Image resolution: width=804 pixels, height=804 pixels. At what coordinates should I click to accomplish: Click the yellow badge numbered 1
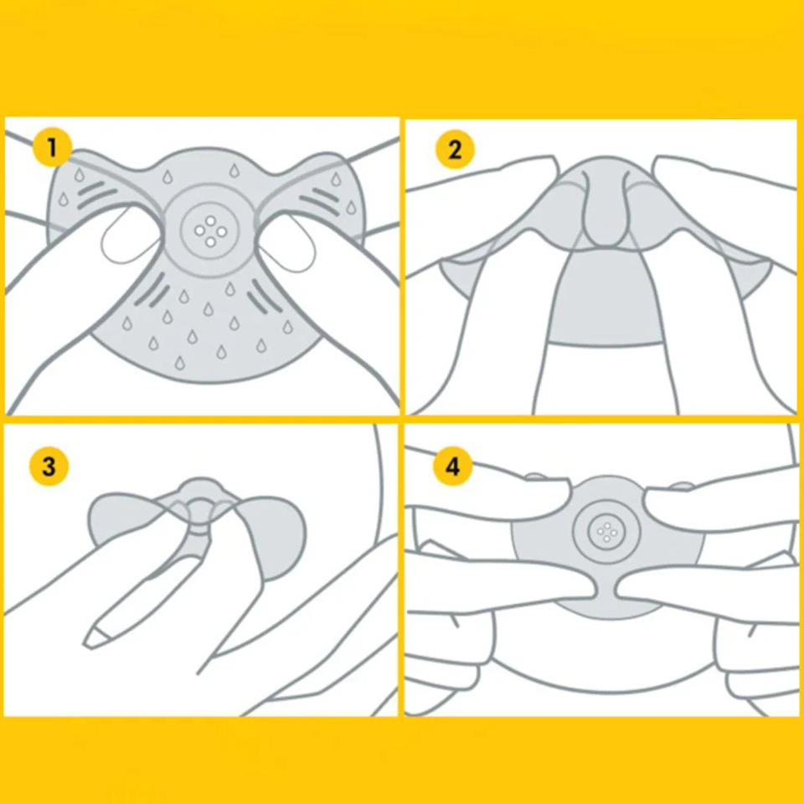[52, 147]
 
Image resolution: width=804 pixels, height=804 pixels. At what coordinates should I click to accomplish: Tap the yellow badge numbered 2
[455, 149]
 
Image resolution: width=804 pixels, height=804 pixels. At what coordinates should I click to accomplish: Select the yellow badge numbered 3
[49, 466]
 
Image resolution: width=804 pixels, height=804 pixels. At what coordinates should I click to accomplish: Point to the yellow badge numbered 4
[452, 466]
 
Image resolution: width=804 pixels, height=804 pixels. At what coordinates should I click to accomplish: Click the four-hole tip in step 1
[210, 231]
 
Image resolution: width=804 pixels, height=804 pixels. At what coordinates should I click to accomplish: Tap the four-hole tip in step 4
[606, 532]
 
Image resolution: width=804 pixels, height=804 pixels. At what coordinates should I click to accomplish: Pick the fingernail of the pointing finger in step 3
[97, 637]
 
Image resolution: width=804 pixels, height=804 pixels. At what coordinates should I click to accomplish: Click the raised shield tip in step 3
[201, 493]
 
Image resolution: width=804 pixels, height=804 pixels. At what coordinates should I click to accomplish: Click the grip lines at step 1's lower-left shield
[152, 291]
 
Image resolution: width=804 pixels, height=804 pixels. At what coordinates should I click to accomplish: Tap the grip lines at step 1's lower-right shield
[265, 296]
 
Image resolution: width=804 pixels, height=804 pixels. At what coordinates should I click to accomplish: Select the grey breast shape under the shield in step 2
[605, 297]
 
